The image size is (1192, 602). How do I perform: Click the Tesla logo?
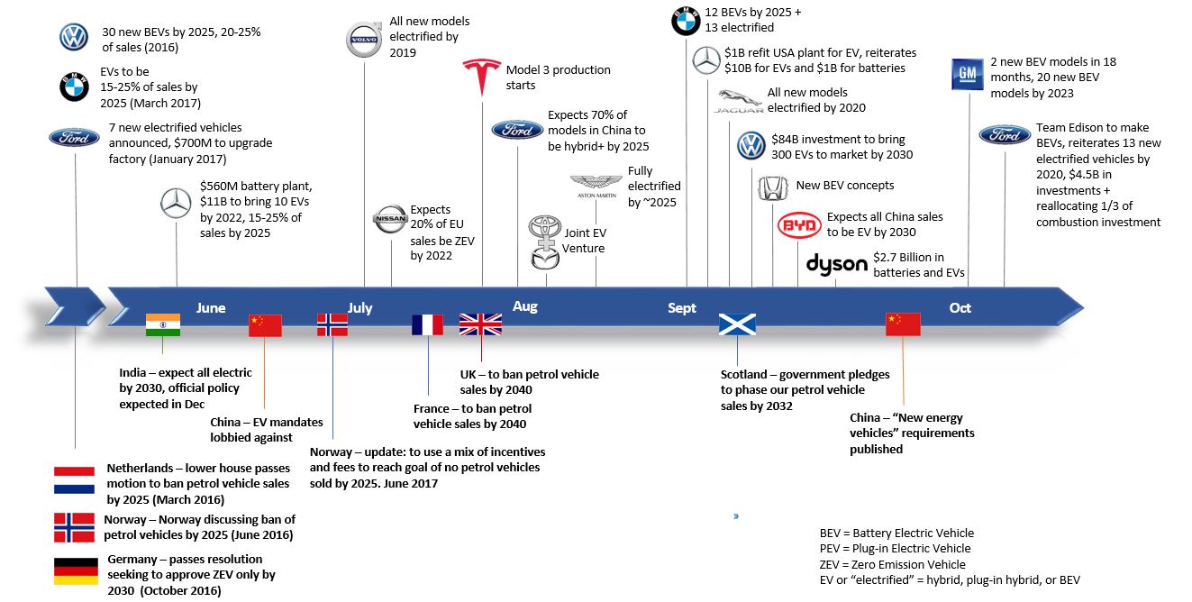click(482, 76)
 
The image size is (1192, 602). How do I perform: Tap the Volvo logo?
click(364, 39)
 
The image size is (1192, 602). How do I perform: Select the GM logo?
click(968, 74)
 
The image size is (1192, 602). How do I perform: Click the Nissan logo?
click(390, 219)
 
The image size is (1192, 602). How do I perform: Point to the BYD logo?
click(799, 225)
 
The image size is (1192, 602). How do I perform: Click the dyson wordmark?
click(836, 265)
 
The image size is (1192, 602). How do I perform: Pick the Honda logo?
click(773, 188)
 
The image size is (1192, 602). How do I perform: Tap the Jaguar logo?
click(738, 101)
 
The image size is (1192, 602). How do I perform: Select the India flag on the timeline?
click(163, 324)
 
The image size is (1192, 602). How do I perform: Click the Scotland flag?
click(737, 324)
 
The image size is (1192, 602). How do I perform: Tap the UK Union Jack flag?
click(480, 324)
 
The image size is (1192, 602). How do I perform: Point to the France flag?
click(427, 324)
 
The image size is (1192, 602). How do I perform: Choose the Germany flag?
click(76, 571)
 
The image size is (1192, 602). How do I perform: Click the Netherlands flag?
click(74, 480)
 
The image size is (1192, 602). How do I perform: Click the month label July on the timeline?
click(359, 307)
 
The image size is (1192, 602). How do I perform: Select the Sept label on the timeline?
click(682, 307)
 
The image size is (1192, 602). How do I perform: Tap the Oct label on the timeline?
click(960, 307)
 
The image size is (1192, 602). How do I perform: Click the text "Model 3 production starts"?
click(559, 78)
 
